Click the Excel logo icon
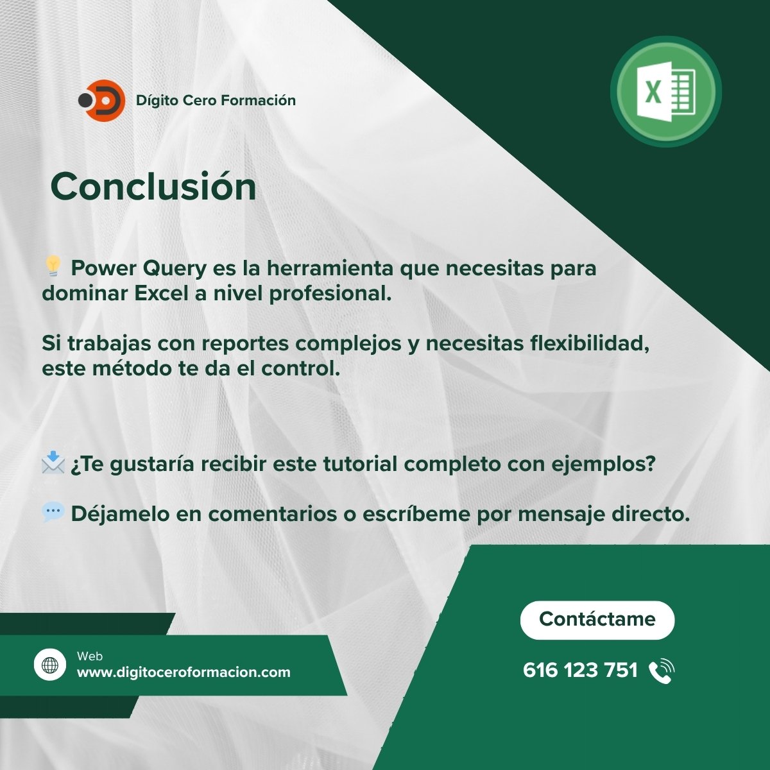coord(665,92)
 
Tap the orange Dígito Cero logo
coord(102,100)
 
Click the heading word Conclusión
coord(153,187)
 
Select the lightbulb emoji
coord(53,266)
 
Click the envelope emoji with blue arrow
coord(53,462)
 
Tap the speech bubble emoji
coord(53,512)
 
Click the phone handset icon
coord(662,671)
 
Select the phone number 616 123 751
coord(580,670)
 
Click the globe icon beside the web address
coord(50,665)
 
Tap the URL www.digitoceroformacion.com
coord(184,672)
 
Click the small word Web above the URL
coord(89,656)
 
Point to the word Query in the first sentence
coord(175,268)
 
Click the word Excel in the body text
coord(161,293)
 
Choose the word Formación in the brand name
coord(258,100)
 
